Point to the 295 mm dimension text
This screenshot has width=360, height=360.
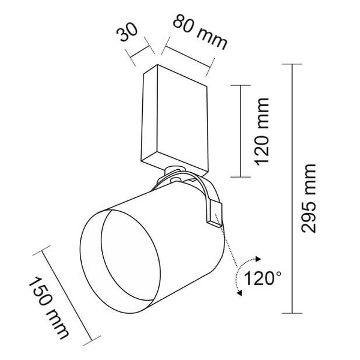click(x=309, y=198)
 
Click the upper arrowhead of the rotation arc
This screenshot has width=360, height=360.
click(x=260, y=259)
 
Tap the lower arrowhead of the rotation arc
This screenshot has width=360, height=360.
click(x=239, y=293)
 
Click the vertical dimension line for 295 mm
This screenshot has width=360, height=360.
click(x=292, y=189)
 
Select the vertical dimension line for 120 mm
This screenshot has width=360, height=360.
click(x=241, y=131)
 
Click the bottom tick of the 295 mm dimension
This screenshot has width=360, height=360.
click(x=292, y=313)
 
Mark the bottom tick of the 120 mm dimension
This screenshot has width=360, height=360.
click(x=241, y=177)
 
